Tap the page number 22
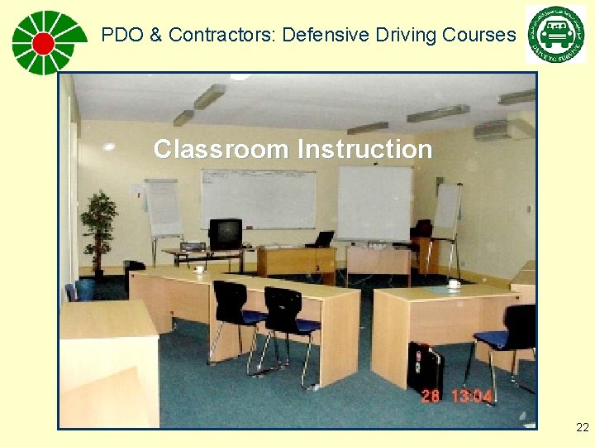pos(583,427)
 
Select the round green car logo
pos(555,34)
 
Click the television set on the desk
pos(225,233)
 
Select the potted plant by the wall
pos(98,226)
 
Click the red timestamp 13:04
pos(471,396)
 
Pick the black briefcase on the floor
pos(426,368)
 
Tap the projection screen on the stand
pos(374,202)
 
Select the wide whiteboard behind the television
pos(258,199)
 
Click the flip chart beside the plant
pos(162,208)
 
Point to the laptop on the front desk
pos(322,239)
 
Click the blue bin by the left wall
pos(84,289)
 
